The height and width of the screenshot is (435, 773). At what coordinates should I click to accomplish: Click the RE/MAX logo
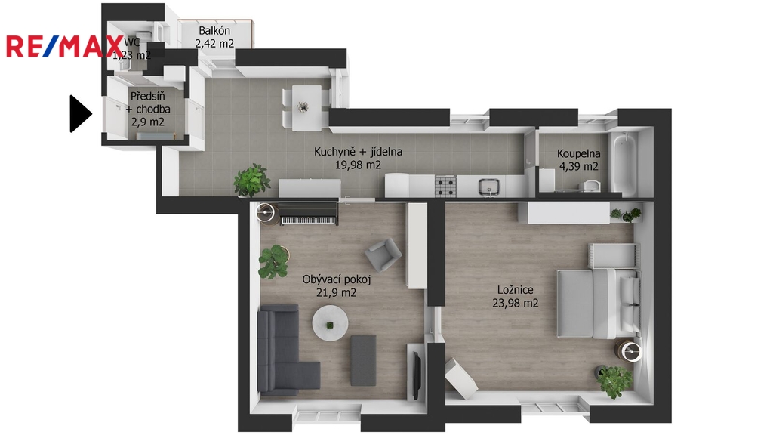pos(64,46)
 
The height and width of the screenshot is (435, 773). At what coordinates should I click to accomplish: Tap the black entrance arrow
pos(80,114)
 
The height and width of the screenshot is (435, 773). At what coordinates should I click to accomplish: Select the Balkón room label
pos(214,30)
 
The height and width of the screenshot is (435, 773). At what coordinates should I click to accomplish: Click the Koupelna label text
pos(579,153)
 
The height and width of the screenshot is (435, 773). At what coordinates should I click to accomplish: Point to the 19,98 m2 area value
pos(358,165)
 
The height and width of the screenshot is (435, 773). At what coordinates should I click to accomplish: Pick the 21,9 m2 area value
pos(336,292)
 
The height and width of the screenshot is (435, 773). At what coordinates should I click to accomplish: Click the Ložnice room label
pos(515,290)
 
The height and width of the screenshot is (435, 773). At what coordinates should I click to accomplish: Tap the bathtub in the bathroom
pos(624,163)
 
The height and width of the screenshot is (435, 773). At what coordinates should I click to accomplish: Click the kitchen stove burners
pos(445,187)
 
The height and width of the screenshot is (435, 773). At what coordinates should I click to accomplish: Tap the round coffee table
pos(330,323)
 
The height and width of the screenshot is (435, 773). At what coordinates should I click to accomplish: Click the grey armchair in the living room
pos(383,255)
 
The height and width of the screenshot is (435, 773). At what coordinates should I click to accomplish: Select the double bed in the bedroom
pos(599,304)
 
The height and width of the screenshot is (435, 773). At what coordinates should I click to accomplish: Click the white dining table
pos(306,108)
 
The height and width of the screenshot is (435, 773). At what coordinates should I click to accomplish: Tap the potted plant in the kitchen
pos(252,180)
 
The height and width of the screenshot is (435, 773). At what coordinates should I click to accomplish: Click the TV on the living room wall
pos(417,376)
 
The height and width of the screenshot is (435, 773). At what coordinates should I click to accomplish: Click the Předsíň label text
pos(147,96)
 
